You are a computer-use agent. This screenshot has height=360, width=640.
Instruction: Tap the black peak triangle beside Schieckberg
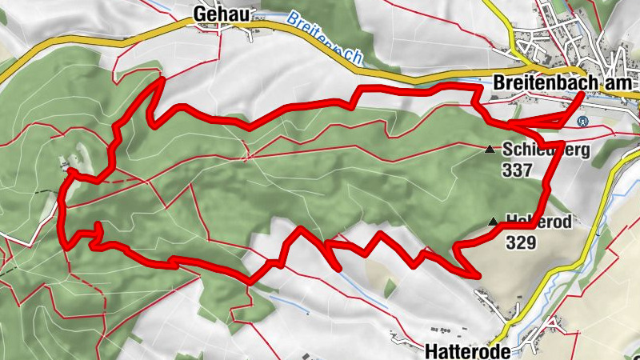pos(490,149)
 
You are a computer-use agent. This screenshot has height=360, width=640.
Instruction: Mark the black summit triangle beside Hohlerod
pos(494,222)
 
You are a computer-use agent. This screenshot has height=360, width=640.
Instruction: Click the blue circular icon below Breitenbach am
pos(582,122)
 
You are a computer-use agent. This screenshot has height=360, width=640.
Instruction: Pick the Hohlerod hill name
pos(539,222)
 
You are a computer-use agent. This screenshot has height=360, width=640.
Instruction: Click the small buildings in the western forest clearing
pos(66,165)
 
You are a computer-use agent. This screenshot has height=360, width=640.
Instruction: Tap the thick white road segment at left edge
pos(12,237)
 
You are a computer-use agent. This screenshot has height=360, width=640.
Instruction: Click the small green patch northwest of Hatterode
pos(390,287)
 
